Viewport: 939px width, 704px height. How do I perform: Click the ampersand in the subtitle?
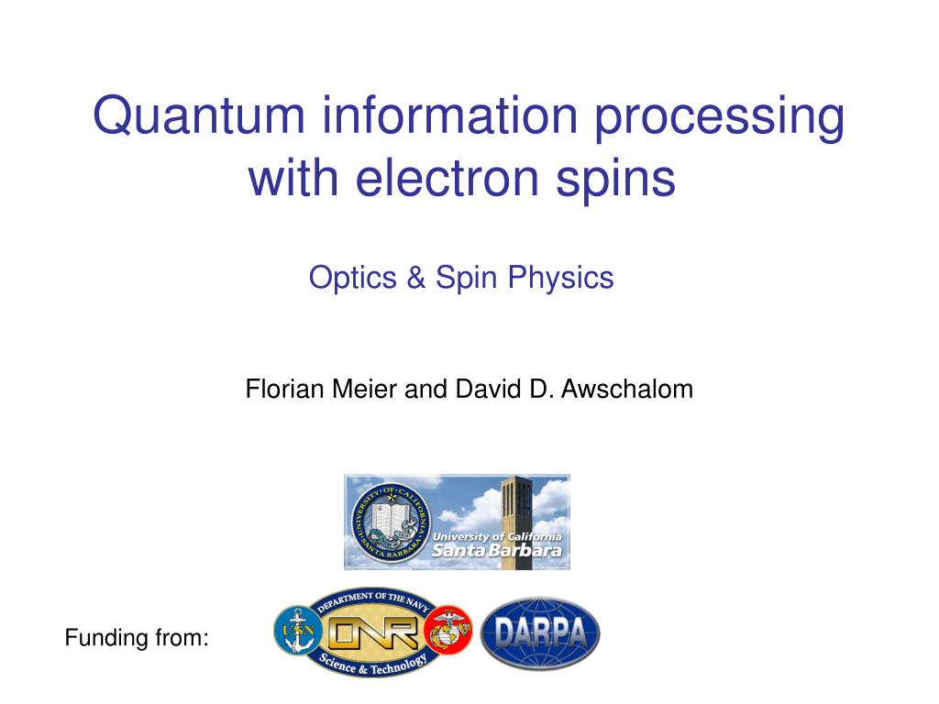417,277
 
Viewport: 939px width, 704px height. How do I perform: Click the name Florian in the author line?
276,389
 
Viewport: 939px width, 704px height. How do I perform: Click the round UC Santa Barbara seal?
390,522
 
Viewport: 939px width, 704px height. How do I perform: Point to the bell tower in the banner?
522,513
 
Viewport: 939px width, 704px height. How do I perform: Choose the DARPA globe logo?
541,632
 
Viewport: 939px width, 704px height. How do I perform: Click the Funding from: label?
137,637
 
